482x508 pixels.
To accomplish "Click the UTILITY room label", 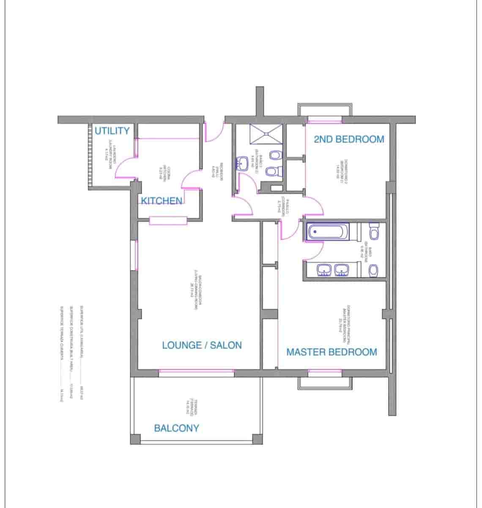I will click(x=112, y=131).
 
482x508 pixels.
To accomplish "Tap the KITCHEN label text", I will click(x=162, y=201).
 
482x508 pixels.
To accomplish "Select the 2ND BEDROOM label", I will click(x=349, y=139).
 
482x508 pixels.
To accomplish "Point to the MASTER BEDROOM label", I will click(x=331, y=352).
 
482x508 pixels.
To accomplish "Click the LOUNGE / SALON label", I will click(x=202, y=345).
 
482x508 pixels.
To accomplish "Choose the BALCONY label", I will click(x=176, y=428).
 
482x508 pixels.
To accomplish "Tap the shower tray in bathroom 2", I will click(x=265, y=134).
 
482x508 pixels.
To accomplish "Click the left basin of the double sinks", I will click(x=324, y=270).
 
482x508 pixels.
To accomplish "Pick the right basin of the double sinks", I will click(x=342, y=270).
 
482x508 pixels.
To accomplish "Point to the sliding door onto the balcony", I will click(x=197, y=372).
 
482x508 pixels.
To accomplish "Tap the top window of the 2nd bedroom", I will click(x=324, y=121).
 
